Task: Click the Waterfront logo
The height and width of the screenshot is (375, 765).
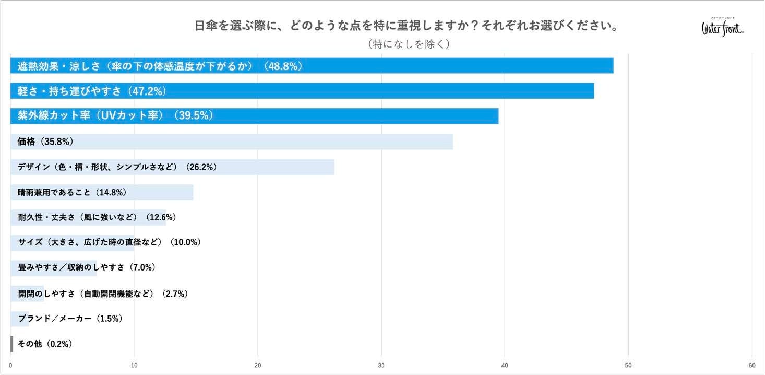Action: (723, 27)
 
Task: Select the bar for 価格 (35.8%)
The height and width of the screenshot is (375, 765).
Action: (232, 142)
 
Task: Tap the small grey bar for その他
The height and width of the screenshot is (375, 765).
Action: (12, 344)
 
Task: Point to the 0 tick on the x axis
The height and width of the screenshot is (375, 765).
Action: (10, 366)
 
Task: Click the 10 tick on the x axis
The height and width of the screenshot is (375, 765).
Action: (134, 366)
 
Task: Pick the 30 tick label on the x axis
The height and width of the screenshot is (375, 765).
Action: (381, 366)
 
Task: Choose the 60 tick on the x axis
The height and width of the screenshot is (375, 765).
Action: (751, 366)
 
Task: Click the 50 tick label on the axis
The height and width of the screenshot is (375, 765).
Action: (628, 366)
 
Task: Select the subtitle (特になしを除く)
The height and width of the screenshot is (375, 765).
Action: (409, 44)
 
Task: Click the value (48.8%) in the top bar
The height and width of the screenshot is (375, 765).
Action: (283, 66)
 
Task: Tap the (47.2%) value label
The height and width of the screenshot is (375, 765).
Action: (147, 91)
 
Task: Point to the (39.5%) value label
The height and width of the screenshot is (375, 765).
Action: (193, 115)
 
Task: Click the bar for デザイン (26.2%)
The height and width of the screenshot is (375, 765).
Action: (173, 167)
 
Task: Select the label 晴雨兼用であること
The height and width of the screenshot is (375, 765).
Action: (54, 192)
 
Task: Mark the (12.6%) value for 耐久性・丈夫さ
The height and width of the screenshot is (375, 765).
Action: (161, 217)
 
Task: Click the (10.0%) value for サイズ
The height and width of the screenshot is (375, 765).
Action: (185, 242)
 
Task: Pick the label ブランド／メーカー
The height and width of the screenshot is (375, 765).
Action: (55, 319)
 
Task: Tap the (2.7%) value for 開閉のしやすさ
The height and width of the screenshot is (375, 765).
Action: (175, 294)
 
